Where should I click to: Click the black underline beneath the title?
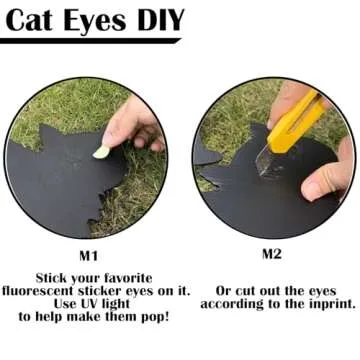click(x=90, y=41)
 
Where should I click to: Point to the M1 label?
click(x=88, y=256)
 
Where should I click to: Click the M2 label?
click(x=272, y=254)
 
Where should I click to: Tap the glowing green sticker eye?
click(x=101, y=152)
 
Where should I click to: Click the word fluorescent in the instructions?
click(x=38, y=291)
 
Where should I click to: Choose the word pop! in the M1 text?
click(x=155, y=317)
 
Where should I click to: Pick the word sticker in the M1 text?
click(x=100, y=291)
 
